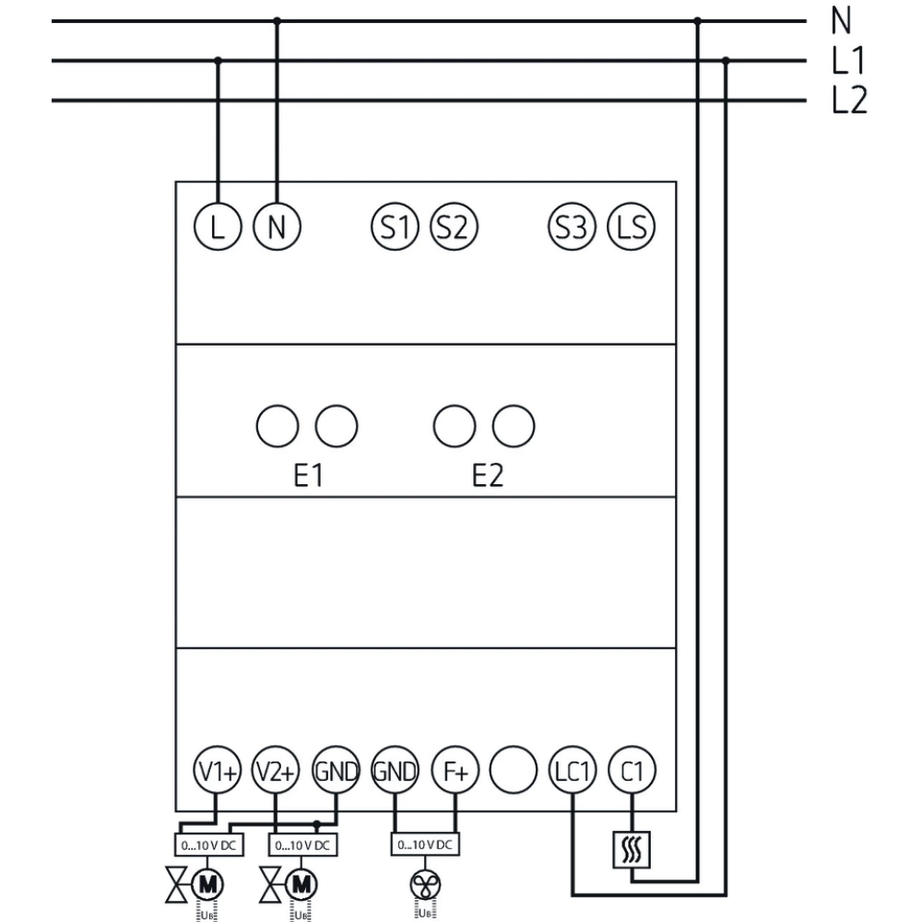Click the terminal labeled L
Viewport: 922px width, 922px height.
pyautogui.click(x=217, y=226)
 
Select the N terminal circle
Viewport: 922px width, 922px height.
pyautogui.click(x=277, y=226)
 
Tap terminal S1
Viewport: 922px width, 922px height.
pyautogui.click(x=394, y=226)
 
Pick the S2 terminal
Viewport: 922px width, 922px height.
pyautogui.click(x=453, y=226)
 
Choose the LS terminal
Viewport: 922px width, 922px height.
pyautogui.click(x=631, y=226)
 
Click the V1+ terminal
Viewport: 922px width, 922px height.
pyautogui.click(x=217, y=773)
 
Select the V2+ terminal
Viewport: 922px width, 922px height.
pyautogui.click(x=276, y=773)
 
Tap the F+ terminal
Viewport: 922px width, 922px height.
pyautogui.click(x=455, y=773)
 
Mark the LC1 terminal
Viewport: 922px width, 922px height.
pyautogui.click(x=573, y=773)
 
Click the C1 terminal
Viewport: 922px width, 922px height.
pyautogui.click(x=632, y=773)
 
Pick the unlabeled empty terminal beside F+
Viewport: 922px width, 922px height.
pyautogui.click(x=514, y=773)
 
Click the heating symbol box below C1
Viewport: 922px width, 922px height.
pyautogui.click(x=632, y=848)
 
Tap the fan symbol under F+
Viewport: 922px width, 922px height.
pyautogui.click(x=425, y=884)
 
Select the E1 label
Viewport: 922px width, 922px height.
pyautogui.click(x=307, y=477)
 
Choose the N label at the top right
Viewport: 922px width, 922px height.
pyautogui.click(x=840, y=20)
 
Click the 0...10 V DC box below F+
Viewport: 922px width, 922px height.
pyautogui.click(x=425, y=844)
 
